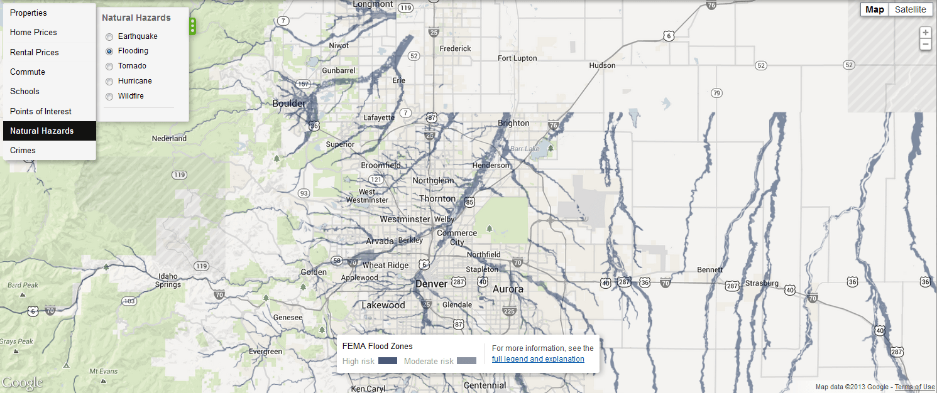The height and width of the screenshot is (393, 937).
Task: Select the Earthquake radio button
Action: coord(109,37)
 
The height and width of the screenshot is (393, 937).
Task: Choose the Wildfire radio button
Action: coord(109,97)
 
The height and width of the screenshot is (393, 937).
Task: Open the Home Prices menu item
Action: coord(33,33)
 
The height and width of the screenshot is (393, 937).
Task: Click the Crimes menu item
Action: coord(23,151)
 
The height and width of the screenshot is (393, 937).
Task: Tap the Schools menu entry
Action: coord(25,92)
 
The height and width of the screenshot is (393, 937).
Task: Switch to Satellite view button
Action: coord(910,9)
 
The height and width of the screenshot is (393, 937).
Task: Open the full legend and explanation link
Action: coord(538,359)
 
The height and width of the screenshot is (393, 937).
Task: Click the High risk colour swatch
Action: coord(388,361)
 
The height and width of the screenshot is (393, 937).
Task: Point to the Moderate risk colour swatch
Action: coord(466,361)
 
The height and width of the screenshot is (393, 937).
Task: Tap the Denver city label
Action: coord(431,284)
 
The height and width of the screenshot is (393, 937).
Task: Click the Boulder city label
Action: coord(289,104)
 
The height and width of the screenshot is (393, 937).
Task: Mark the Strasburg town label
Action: coord(762,283)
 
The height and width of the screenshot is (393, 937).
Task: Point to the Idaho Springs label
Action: coord(168,280)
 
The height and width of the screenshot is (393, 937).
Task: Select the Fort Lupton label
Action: coord(517,58)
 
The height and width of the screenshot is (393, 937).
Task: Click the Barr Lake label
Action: coord(525,149)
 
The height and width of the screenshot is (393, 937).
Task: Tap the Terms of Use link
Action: coord(914,387)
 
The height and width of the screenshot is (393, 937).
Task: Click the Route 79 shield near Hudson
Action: coord(716,93)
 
